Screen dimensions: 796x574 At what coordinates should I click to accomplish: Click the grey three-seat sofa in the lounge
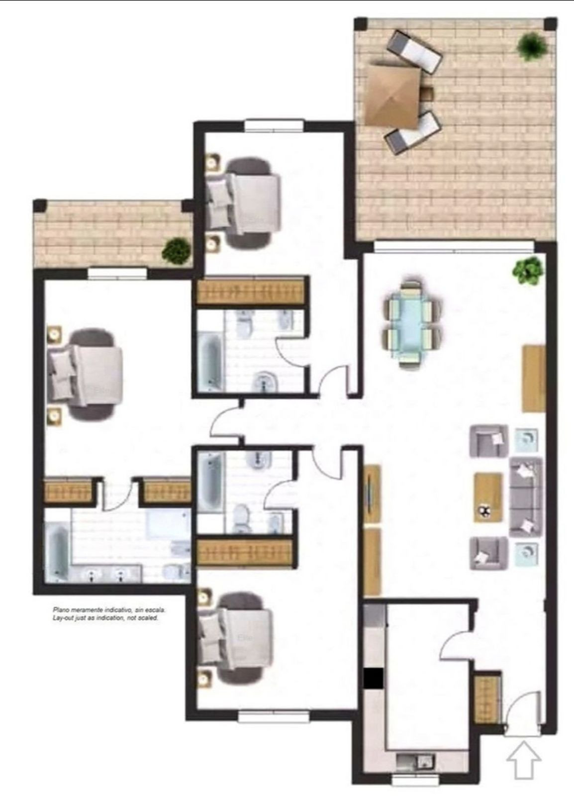click(526, 497)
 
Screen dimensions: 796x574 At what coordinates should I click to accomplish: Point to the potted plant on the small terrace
click(177, 251)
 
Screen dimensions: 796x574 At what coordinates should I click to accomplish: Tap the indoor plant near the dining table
click(526, 270)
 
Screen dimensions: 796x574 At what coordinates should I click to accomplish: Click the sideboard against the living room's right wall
click(533, 378)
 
